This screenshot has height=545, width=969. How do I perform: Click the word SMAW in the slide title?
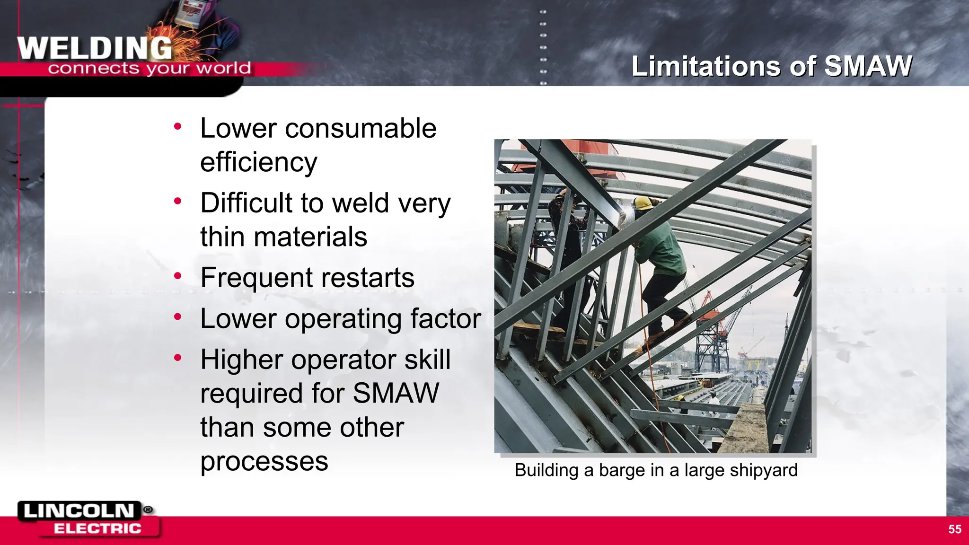coord(868,66)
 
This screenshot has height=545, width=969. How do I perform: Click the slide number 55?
coord(955,529)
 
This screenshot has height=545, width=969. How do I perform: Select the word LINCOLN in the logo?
coord(79,511)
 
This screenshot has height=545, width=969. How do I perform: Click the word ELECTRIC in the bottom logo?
coord(97,528)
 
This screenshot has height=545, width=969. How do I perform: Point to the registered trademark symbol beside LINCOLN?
coord(148,510)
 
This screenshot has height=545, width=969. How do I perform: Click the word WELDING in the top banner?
coord(95,48)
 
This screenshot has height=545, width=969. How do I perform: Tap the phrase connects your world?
coord(149,69)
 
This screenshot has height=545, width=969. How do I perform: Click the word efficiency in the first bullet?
coord(258,162)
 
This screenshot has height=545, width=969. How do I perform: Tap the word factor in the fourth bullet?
coord(445,318)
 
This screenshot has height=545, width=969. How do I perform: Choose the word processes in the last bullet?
coord(264,461)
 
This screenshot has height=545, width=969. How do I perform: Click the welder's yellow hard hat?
coord(643,203)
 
